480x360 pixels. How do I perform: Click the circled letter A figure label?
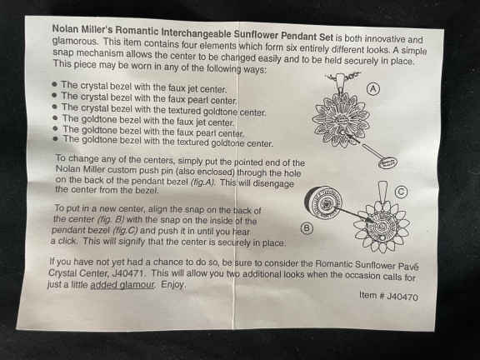(x=372, y=89)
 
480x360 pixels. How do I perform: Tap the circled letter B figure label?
(x=307, y=228)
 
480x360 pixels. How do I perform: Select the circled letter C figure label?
(x=401, y=192)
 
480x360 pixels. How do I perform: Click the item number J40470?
(x=402, y=297)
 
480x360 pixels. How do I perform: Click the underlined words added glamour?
(x=122, y=284)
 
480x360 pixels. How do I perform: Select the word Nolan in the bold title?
(x=63, y=29)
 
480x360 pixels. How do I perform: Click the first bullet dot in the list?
(x=55, y=84)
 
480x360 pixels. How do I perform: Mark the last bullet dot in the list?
(x=55, y=138)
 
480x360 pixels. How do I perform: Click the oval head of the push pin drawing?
(x=387, y=162)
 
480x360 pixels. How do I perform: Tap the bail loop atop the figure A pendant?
(x=340, y=81)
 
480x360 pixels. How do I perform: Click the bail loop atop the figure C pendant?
(x=382, y=191)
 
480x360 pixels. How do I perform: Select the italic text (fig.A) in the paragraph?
(x=202, y=182)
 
